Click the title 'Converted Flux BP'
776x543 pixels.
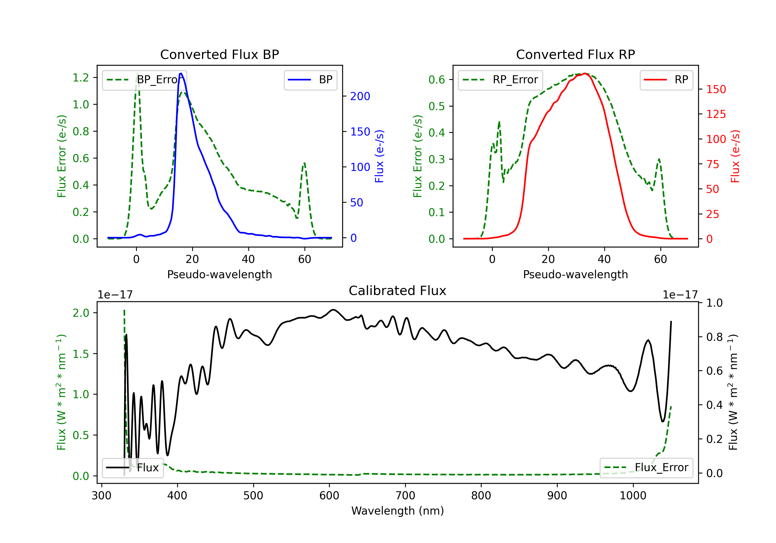point(220,54)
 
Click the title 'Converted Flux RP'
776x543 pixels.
point(576,54)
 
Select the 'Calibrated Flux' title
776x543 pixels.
point(398,291)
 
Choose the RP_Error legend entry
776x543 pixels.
point(500,80)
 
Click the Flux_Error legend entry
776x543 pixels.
point(646,468)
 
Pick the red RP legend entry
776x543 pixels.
point(666,80)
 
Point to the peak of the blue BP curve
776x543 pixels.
point(181,73)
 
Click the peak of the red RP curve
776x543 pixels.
point(585,74)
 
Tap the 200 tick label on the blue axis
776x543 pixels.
point(360,96)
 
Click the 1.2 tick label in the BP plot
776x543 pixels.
point(81,78)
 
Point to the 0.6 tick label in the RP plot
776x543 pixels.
point(437,80)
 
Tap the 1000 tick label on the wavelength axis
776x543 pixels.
point(633,496)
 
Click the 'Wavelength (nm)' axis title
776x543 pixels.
point(398,511)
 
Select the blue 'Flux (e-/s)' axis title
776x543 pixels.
point(379,156)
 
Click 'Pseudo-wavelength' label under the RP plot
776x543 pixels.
point(576,274)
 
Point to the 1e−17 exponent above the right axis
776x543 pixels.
point(680,295)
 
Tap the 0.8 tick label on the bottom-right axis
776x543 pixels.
point(714,337)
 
